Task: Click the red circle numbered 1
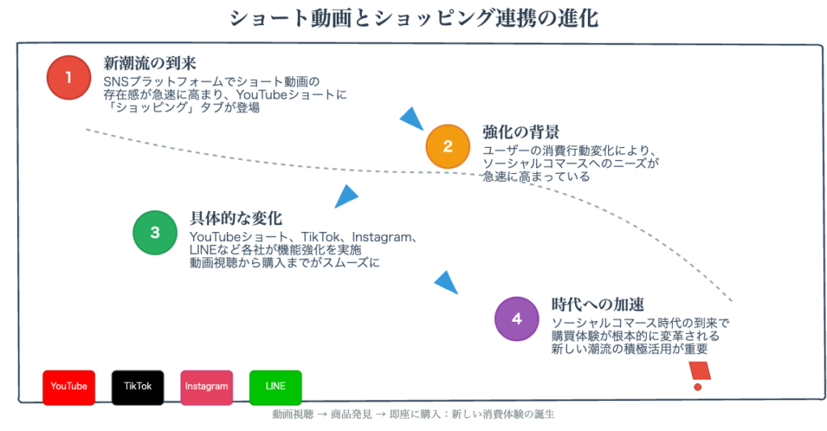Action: point(69,78)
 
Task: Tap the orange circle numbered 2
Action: point(447,146)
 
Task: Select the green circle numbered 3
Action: point(155,232)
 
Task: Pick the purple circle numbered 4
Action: point(517,319)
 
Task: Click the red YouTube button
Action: point(69,387)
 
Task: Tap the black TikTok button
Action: point(137,387)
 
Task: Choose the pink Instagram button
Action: point(207,387)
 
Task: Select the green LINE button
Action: point(275,387)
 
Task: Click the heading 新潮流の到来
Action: point(149,63)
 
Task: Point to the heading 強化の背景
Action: point(521,132)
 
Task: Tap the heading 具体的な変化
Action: point(236,218)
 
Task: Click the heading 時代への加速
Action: point(598,304)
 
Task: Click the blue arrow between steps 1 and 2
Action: point(413,118)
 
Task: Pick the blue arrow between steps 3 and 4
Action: point(446,282)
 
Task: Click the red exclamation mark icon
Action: point(699,375)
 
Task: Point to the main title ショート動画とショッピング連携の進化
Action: point(413,19)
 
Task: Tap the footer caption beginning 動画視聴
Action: point(413,415)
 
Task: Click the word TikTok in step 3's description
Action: point(321,237)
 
